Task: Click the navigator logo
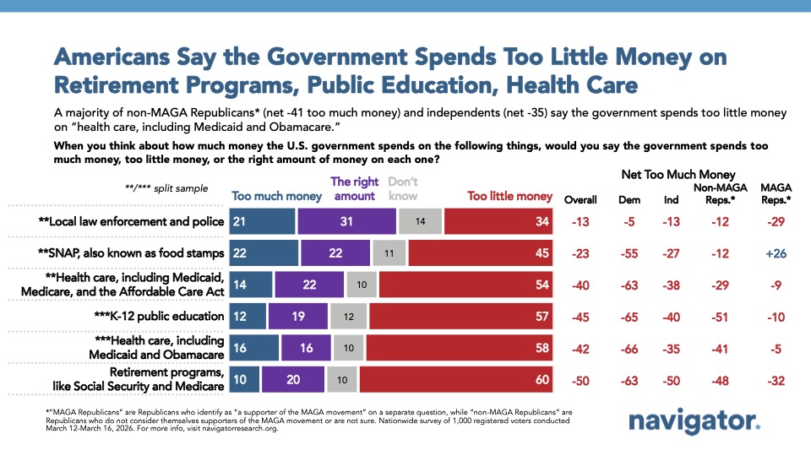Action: coord(695,423)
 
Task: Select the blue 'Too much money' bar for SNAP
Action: coord(265,252)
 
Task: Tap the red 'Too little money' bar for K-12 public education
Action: coord(460,317)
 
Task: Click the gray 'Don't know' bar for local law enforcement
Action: coord(420,220)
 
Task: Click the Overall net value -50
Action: coord(580,381)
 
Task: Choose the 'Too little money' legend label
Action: coord(509,197)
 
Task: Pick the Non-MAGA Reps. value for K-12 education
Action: coord(716,317)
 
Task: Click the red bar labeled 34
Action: coord(498,220)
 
